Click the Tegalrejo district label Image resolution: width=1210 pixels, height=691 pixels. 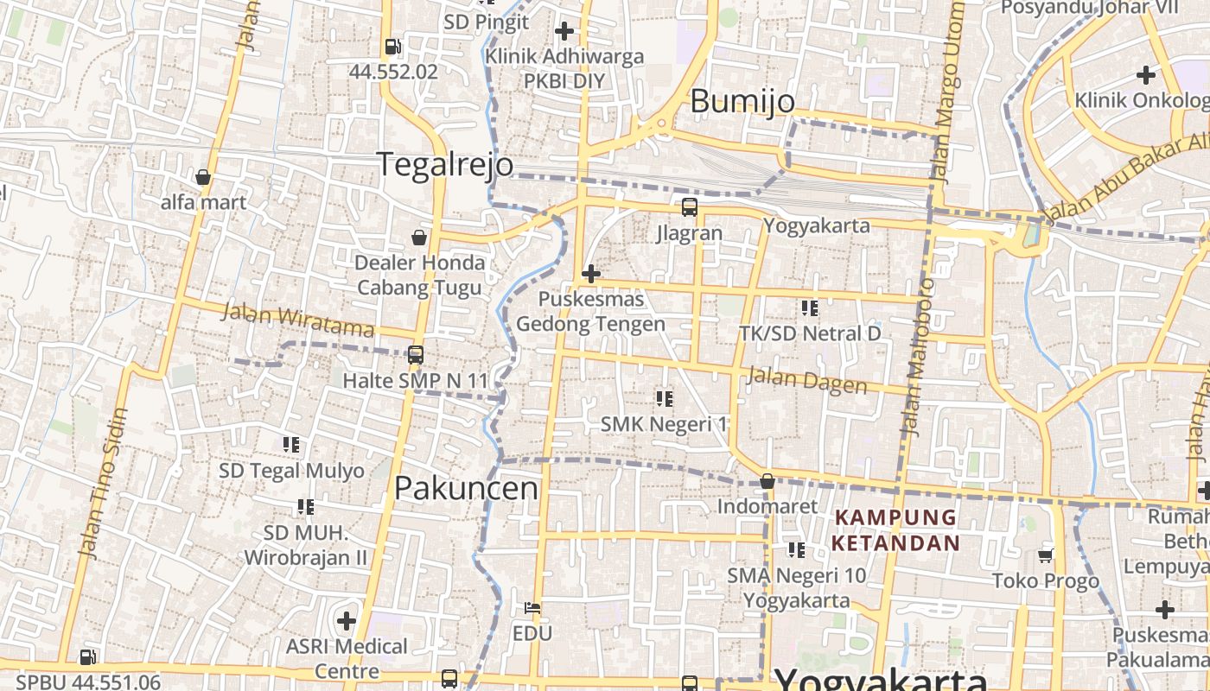445,164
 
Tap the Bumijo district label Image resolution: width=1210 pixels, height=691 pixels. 742,101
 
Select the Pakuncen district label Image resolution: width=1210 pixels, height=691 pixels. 466,488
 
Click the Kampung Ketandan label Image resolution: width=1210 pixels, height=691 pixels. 896,530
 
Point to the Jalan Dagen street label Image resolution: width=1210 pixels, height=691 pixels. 806,380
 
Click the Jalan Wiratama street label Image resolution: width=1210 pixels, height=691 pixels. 297,319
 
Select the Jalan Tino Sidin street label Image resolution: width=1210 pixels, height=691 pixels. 102,482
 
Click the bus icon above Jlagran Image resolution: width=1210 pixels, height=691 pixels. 689,207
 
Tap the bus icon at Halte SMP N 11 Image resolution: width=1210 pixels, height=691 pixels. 416,355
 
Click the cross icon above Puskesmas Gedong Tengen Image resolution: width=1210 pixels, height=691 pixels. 591,275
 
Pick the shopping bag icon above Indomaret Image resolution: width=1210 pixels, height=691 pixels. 767,481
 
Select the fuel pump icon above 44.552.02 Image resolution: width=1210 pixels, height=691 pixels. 392,47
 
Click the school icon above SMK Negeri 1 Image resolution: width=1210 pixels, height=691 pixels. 664,398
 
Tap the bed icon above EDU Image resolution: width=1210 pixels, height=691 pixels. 532,608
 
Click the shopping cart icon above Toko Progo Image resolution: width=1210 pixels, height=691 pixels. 1046,555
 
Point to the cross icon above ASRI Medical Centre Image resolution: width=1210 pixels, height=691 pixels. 347,620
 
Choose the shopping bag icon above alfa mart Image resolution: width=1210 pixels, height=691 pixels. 203,178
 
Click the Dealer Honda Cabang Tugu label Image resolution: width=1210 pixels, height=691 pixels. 420,275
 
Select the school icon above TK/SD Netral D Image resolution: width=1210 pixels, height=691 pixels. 810,307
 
